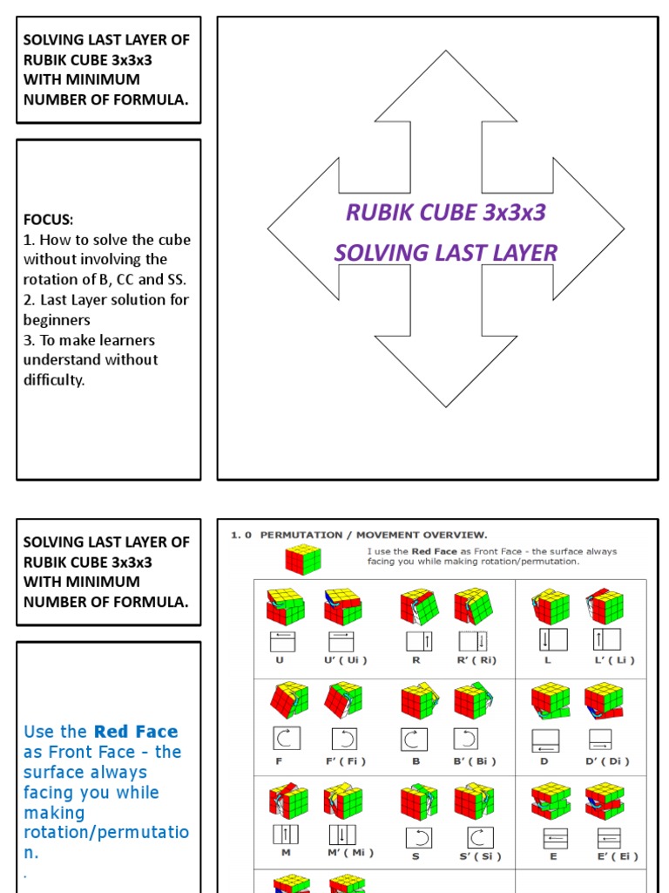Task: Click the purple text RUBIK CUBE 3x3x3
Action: pyautogui.click(x=445, y=212)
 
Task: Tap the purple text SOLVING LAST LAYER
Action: pyautogui.click(x=445, y=253)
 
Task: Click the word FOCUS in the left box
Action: pyautogui.click(x=48, y=220)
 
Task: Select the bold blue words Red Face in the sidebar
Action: pyautogui.click(x=136, y=732)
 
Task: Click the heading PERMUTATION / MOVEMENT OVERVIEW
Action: pyautogui.click(x=374, y=535)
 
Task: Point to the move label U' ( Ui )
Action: pyautogui.click(x=346, y=660)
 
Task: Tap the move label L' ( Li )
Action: pyautogui.click(x=615, y=660)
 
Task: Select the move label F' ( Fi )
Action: pyautogui.click(x=346, y=761)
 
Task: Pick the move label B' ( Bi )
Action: pyautogui.click(x=475, y=761)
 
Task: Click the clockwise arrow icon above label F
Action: pyautogui.click(x=286, y=739)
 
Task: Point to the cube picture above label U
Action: pyautogui.click(x=286, y=607)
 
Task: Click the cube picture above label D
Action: pyautogui.click(x=551, y=700)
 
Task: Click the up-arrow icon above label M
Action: pyautogui.click(x=286, y=834)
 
